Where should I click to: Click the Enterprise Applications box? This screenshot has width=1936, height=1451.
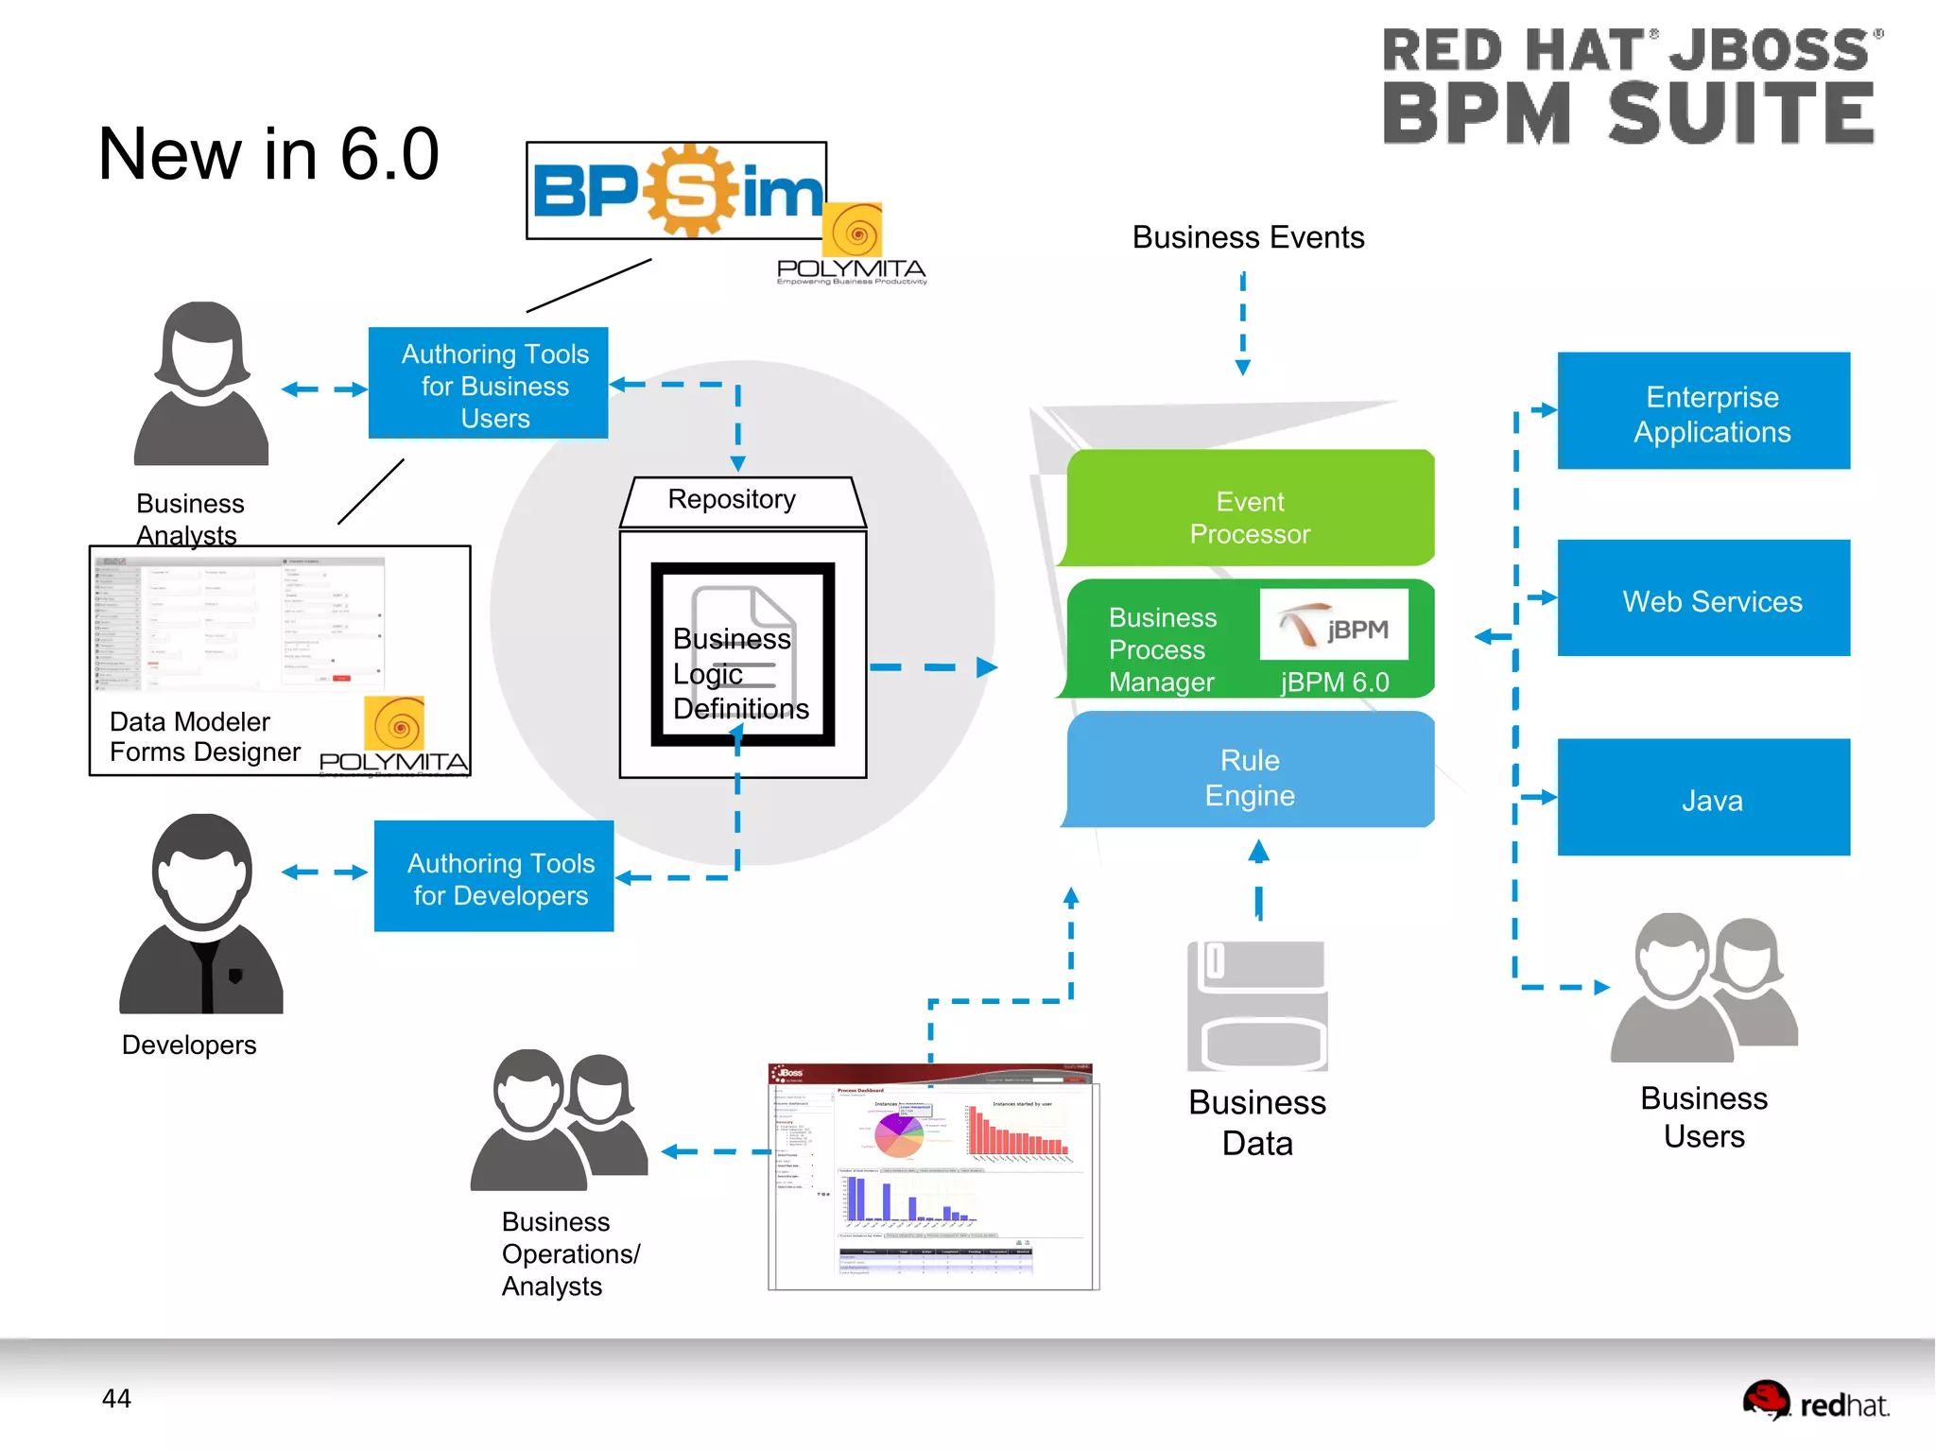[x=1703, y=411]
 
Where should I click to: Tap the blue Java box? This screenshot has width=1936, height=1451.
[x=1703, y=798]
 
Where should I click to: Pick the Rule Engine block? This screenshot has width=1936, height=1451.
[x=1250, y=771]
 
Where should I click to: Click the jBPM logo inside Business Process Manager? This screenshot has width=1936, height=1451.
[x=1334, y=625]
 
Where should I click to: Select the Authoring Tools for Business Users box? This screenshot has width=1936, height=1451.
[x=489, y=383]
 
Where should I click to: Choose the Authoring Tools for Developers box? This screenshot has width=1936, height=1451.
[x=494, y=876]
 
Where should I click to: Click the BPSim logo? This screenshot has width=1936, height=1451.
[x=677, y=191]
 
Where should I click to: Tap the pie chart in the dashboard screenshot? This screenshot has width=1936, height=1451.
[x=898, y=1135]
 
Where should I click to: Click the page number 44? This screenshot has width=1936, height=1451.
[x=116, y=1398]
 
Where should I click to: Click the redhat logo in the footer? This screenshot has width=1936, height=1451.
[x=1815, y=1403]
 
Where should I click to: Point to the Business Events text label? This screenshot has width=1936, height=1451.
[x=1248, y=237]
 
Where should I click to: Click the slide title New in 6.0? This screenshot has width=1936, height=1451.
[x=268, y=154]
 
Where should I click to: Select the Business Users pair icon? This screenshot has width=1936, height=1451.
[x=1703, y=988]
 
